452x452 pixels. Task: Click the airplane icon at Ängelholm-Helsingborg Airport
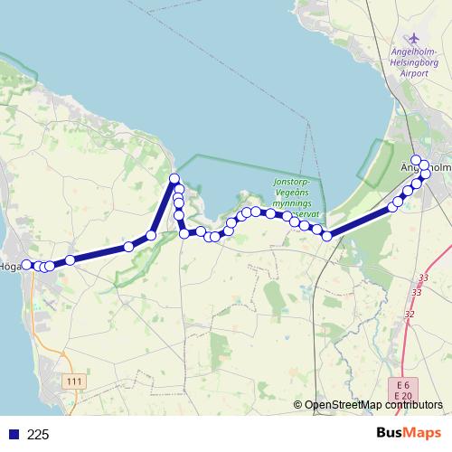tap(415, 39)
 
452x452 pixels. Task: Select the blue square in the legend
tap(14, 435)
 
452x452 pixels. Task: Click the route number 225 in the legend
tap(38, 435)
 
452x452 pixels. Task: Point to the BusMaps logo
tap(410, 434)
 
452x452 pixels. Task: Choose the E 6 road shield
tap(402, 385)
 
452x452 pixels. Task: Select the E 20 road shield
tap(402, 396)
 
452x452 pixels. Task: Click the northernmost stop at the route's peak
tap(174, 179)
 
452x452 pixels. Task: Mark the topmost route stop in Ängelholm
tap(422, 163)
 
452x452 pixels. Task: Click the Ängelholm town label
tap(424, 166)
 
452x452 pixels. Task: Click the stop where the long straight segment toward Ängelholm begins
tap(326, 236)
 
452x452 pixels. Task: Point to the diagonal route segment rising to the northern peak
tap(163, 207)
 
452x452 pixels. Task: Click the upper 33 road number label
tap(424, 278)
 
